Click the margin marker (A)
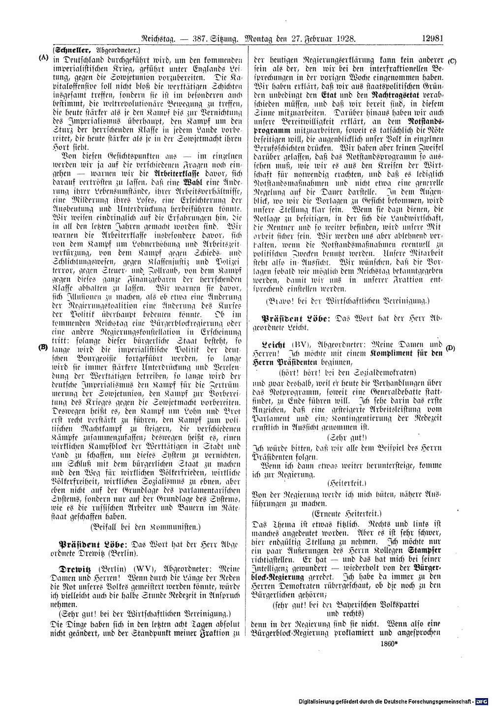tap(43, 57)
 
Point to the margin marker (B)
tap(43, 347)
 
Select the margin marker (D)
tap(451, 348)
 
